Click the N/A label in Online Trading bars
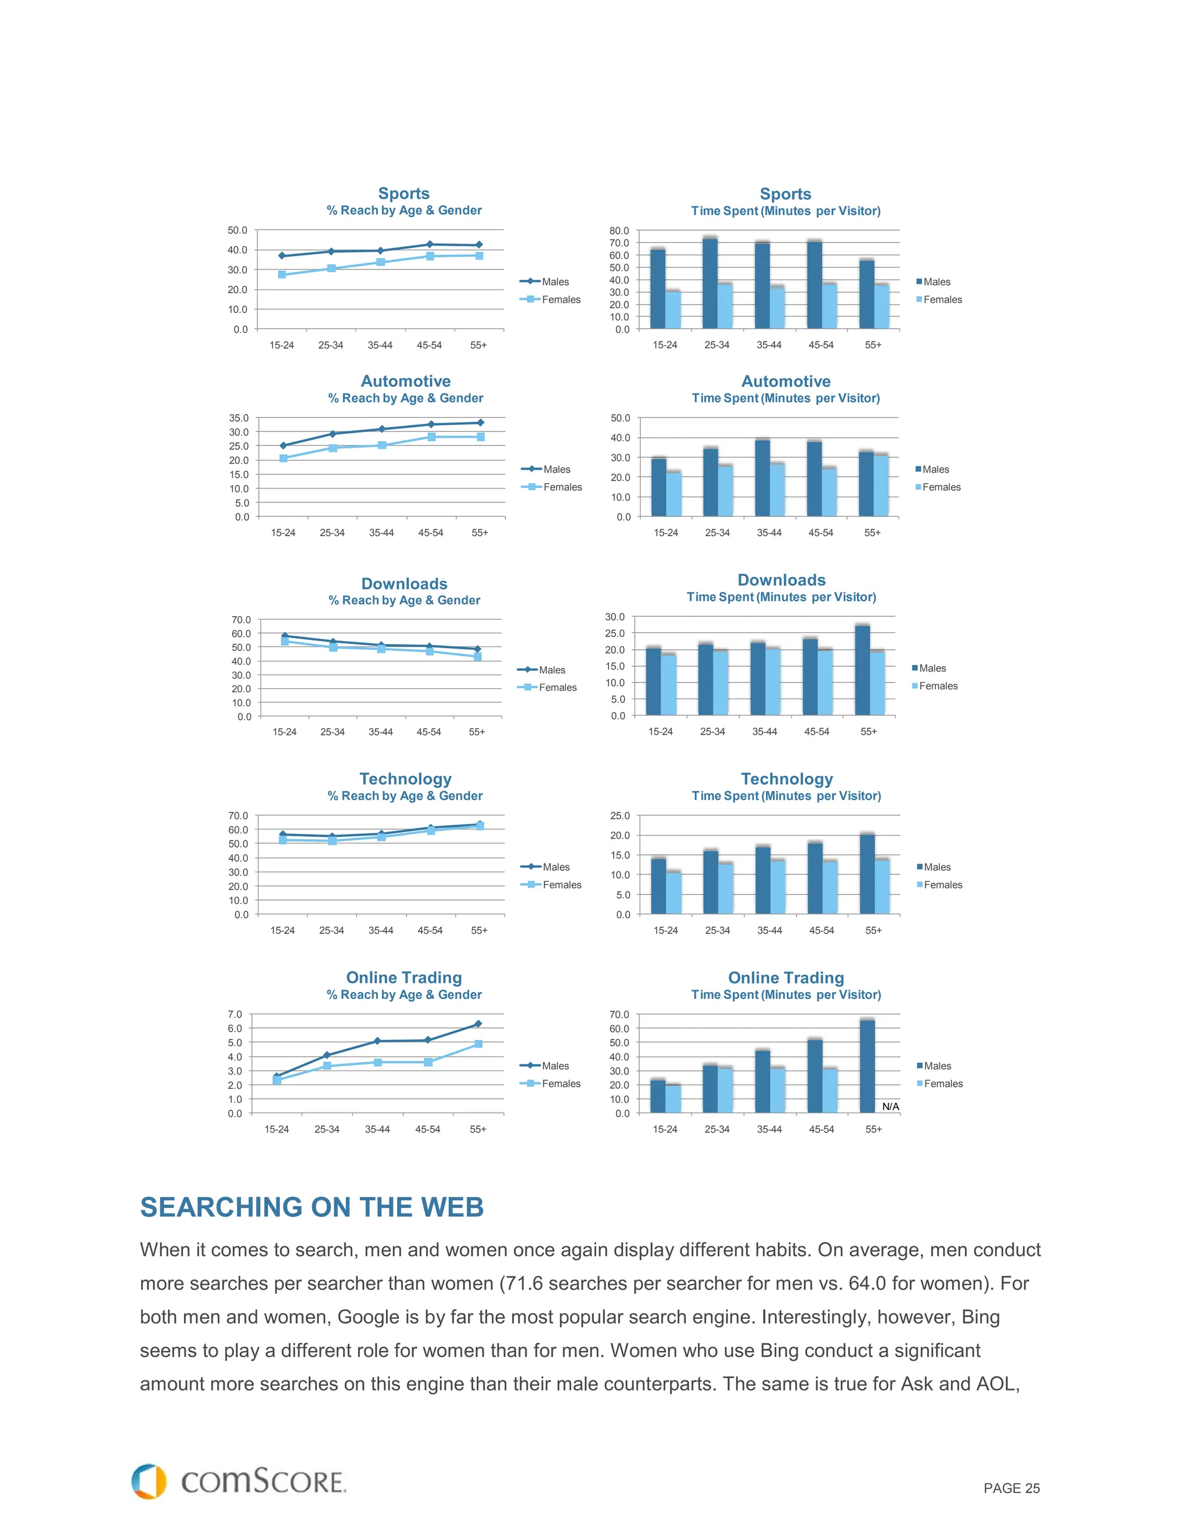click(891, 1106)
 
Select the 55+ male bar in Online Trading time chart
click(867, 1066)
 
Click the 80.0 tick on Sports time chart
click(619, 231)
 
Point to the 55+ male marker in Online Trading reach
click(478, 1024)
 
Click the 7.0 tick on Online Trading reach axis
click(235, 1014)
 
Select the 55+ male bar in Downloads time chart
click(862, 670)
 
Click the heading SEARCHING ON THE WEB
click(311, 1207)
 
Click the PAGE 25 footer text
click(1011, 1488)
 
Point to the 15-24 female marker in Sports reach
click(282, 275)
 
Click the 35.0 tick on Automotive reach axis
click(239, 418)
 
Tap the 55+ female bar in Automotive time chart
click(881, 486)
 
